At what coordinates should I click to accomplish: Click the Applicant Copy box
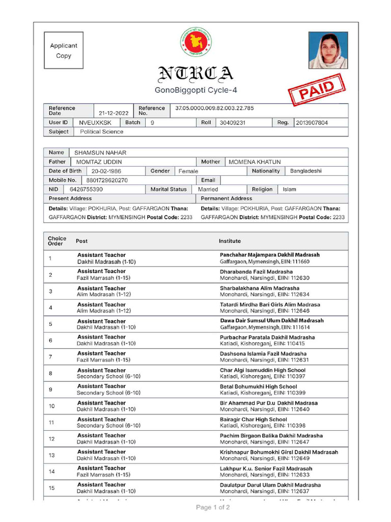pyautogui.click(x=64, y=50)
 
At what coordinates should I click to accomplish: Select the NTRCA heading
pyautogui.click(x=196, y=74)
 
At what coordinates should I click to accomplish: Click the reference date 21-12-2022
pyautogui.click(x=114, y=114)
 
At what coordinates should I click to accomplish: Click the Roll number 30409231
pyautogui.click(x=232, y=123)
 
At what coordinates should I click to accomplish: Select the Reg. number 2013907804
pyautogui.click(x=312, y=123)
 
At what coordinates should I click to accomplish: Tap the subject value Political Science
pyautogui.click(x=101, y=132)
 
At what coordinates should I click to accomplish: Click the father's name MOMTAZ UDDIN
pyautogui.click(x=99, y=162)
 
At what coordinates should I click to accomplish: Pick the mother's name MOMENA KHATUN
pyautogui.click(x=255, y=162)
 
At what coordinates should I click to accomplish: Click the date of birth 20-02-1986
pyautogui.click(x=106, y=171)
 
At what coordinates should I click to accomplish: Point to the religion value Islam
pyautogui.click(x=290, y=189)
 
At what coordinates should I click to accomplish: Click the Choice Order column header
pyautogui.click(x=57, y=241)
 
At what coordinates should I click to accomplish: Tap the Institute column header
pyautogui.click(x=230, y=241)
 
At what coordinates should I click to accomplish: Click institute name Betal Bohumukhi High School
pyautogui.click(x=258, y=387)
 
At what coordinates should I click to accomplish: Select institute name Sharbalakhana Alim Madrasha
pyautogui.click(x=260, y=288)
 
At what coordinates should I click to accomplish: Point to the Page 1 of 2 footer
pyautogui.click(x=213, y=508)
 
